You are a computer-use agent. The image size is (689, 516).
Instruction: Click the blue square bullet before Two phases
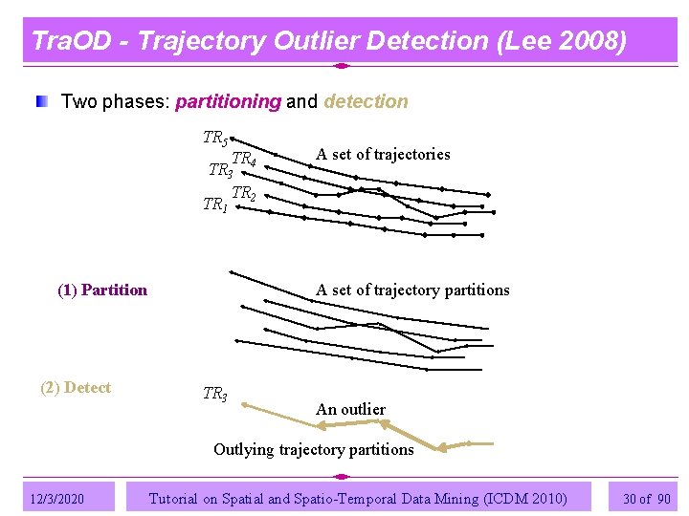(x=41, y=101)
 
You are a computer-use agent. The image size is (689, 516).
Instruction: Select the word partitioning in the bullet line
(x=229, y=101)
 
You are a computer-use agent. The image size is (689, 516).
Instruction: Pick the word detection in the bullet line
(x=367, y=101)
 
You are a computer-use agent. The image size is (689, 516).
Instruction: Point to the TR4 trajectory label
(x=245, y=159)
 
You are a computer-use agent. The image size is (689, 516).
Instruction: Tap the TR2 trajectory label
(x=245, y=194)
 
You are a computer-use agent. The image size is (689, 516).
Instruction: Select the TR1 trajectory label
(x=215, y=205)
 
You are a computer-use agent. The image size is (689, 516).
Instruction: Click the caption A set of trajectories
(x=383, y=155)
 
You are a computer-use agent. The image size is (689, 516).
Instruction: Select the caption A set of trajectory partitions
(x=412, y=290)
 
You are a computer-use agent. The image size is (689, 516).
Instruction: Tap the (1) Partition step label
(x=102, y=290)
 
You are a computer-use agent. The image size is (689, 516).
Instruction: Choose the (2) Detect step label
(x=76, y=387)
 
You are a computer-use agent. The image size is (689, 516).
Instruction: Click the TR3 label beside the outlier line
(x=215, y=394)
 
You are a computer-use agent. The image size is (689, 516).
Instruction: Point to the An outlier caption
(x=350, y=409)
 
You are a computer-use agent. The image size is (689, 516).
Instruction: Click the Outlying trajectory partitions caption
(x=313, y=449)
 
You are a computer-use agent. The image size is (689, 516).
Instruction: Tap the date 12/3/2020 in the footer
(x=56, y=498)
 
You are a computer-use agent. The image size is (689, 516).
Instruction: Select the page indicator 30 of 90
(x=646, y=498)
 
